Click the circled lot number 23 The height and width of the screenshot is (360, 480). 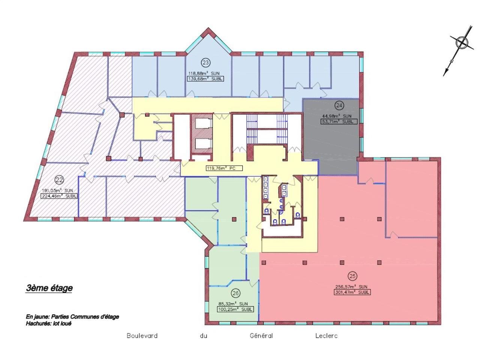[x=205, y=63]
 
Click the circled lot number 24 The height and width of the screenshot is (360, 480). [x=339, y=105]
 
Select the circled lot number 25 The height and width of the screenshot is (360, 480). [x=352, y=276]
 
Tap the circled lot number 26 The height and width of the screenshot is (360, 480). [x=235, y=293]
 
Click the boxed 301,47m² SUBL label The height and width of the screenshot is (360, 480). [x=352, y=292]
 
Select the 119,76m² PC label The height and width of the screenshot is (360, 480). [x=221, y=168]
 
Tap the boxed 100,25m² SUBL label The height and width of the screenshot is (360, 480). [x=235, y=309]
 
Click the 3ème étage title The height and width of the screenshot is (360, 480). [x=49, y=288]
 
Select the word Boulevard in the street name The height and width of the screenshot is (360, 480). [x=142, y=336]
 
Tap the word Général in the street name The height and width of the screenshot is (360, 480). [x=261, y=336]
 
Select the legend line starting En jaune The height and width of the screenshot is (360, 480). [x=72, y=317]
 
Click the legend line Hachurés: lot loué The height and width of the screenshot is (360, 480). [x=48, y=323]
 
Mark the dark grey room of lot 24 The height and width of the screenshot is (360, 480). [x=330, y=146]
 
